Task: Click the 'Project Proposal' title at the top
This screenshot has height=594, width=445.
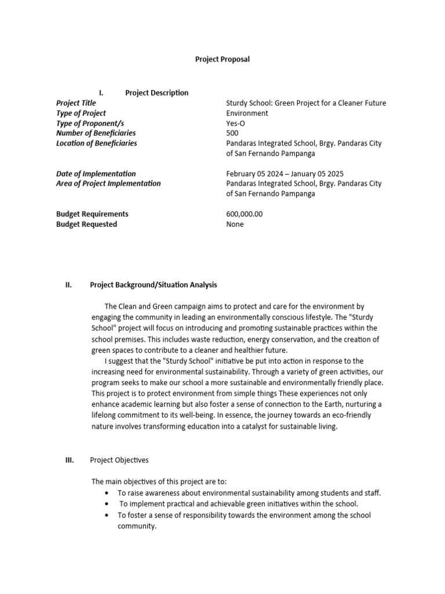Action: pyautogui.click(x=222, y=59)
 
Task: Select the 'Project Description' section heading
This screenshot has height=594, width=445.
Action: pyautogui.click(x=156, y=93)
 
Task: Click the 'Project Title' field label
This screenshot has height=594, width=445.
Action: pyautogui.click(x=76, y=103)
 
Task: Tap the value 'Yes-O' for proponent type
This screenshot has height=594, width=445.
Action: pyautogui.click(x=235, y=124)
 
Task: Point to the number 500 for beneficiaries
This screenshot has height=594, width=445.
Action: pyautogui.click(x=232, y=133)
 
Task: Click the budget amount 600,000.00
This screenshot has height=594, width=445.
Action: pyautogui.click(x=244, y=214)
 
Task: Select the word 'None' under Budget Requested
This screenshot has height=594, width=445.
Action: pyautogui.click(x=235, y=224)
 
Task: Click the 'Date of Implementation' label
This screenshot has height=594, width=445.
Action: pyautogui.click(x=96, y=173)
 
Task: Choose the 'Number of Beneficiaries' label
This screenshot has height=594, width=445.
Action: pyautogui.click(x=96, y=133)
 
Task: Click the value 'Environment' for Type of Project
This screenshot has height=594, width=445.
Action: pyautogui.click(x=247, y=113)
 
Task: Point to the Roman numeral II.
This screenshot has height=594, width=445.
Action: pyautogui.click(x=68, y=285)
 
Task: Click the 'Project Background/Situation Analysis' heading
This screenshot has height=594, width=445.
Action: pyautogui.click(x=154, y=285)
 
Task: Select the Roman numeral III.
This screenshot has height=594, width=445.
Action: pyautogui.click(x=69, y=460)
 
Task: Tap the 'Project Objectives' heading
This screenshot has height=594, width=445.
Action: pyautogui.click(x=119, y=460)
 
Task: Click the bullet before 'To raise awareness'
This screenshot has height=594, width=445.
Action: pyautogui.click(x=107, y=493)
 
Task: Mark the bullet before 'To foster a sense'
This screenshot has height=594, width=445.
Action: pyautogui.click(x=107, y=515)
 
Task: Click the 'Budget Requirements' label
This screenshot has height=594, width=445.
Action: pyautogui.click(x=92, y=214)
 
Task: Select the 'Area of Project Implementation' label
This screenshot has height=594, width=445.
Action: pyautogui.click(x=108, y=184)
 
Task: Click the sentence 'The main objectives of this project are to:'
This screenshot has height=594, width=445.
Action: pyautogui.click(x=159, y=481)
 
